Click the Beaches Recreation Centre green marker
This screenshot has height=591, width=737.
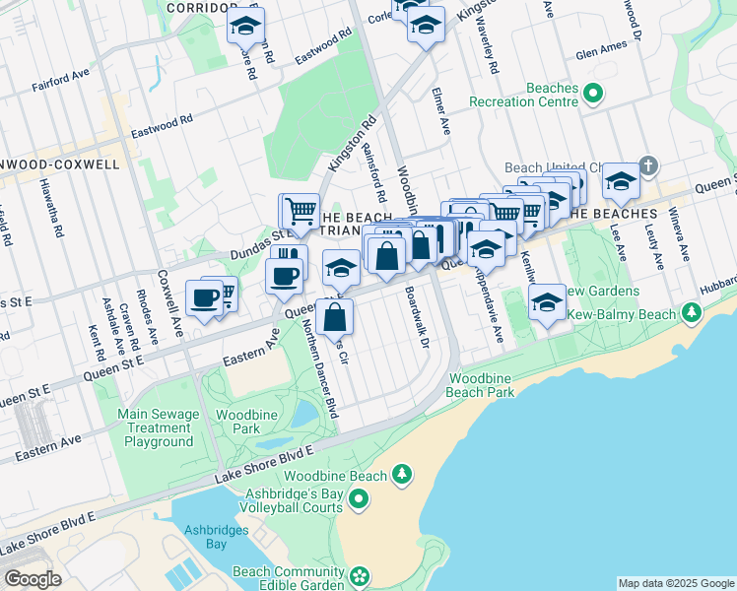593,95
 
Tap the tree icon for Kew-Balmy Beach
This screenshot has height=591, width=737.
692,313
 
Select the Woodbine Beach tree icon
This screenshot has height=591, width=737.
401,476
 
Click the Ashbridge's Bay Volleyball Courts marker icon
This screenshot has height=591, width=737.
358,501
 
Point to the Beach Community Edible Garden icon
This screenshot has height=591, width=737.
360,575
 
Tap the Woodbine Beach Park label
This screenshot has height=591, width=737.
483,385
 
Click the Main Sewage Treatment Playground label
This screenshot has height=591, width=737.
159,428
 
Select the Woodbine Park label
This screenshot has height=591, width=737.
237,422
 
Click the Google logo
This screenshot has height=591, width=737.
33,579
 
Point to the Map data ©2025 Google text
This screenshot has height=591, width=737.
675,583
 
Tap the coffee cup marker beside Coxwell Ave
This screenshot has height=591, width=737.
206,297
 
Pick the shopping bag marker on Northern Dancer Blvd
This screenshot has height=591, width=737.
335,317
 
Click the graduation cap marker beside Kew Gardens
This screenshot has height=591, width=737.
547,303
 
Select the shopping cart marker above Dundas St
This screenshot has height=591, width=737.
300,210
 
